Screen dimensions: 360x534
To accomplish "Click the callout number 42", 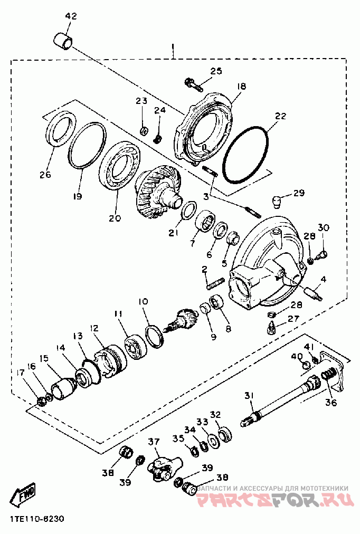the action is pos(71,16).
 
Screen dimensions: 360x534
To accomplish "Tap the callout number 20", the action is pos(115,218).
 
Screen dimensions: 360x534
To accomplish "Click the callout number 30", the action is pos(324,227).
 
